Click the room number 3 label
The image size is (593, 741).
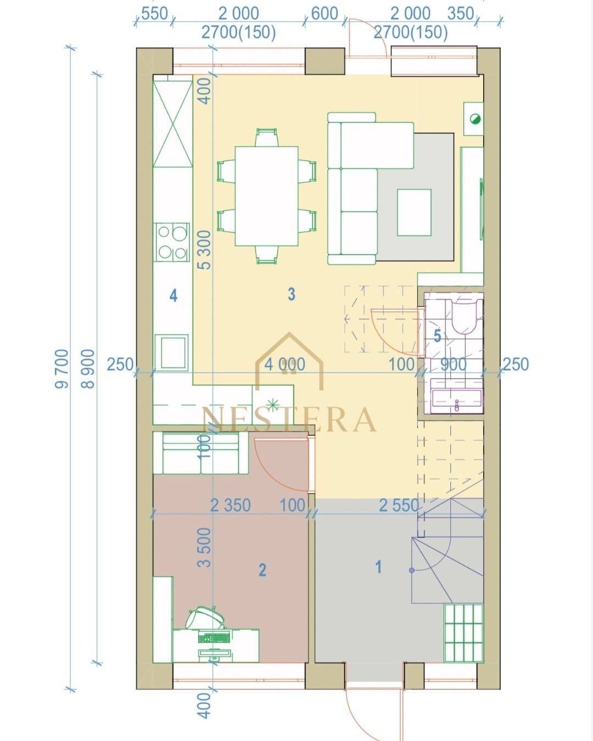tap(292, 294)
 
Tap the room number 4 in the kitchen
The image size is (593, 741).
tap(174, 295)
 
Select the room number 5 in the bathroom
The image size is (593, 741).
tap(437, 335)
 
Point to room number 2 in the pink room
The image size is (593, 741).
tap(262, 570)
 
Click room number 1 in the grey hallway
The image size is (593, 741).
tap(378, 566)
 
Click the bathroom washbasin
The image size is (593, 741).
tap(456, 401)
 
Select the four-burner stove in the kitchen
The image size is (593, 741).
tap(173, 242)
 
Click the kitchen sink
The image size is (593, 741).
tap(172, 352)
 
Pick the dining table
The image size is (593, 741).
tap(266, 196)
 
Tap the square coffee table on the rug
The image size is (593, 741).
tap(414, 212)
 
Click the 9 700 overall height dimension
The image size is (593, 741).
tap(62, 369)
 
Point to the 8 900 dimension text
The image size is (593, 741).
tap(88, 369)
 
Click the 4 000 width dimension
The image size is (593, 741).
tap(284, 364)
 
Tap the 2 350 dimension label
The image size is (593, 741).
tap(230, 506)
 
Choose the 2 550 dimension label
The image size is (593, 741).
tap(399, 506)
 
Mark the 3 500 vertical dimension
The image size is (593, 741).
tap(205, 547)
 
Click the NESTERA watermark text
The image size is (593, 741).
tap(289, 419)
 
